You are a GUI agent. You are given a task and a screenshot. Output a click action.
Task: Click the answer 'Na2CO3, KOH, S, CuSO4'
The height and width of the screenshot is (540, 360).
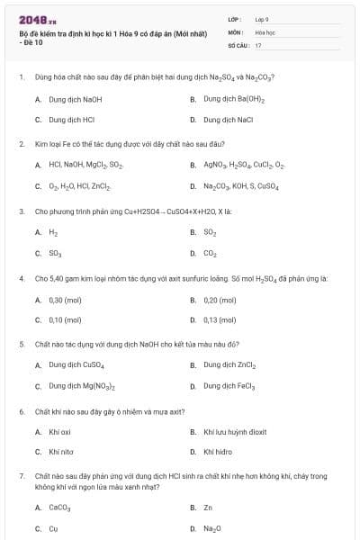241,186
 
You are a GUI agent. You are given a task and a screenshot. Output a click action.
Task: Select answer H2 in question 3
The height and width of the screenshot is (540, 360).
52,232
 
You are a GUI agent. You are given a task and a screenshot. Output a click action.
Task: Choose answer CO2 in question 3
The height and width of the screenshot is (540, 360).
210,253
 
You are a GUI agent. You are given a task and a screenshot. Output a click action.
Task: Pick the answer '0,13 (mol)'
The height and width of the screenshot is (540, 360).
220,319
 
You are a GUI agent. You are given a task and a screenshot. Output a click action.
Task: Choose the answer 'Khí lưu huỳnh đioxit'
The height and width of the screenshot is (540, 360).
235,432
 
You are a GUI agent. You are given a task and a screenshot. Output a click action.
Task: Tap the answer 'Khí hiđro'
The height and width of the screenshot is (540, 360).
219,452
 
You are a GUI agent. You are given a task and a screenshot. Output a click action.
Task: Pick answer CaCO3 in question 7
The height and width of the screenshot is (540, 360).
58,508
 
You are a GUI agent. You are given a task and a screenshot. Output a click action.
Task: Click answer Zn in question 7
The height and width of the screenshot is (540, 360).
208,508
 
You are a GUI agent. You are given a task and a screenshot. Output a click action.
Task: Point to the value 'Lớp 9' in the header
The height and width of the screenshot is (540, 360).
262,18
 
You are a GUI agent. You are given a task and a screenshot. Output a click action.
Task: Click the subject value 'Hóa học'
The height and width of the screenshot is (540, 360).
264,31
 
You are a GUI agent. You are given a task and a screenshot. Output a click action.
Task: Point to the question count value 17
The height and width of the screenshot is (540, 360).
258,44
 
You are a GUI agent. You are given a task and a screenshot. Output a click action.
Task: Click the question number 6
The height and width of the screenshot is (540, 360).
21,411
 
